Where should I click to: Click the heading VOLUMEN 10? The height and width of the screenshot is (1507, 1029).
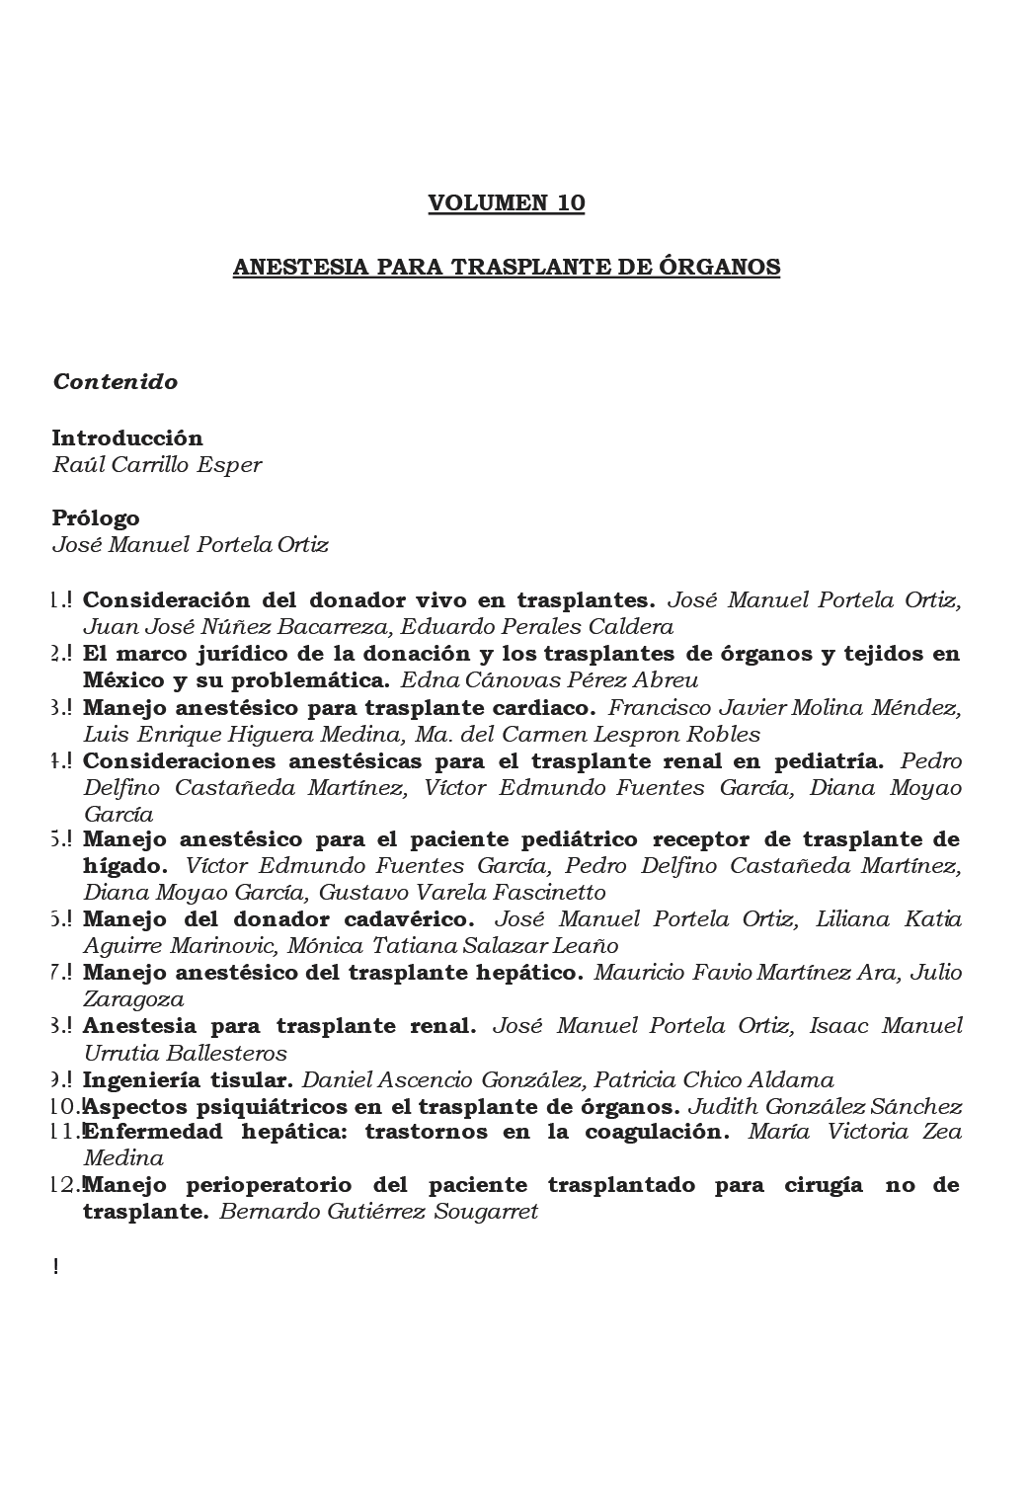pos(506,203)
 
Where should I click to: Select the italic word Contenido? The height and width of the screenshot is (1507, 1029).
pos(115,382)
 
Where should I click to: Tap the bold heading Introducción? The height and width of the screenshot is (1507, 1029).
pos(127,437)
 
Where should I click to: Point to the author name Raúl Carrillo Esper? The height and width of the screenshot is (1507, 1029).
pos(156,464)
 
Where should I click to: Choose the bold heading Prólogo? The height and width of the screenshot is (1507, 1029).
pos(96,517)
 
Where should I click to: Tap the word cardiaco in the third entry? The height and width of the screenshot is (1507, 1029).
pos(547,708)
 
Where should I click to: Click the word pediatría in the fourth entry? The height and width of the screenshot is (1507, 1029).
pos(828,761)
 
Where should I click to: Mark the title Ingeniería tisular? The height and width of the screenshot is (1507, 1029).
pos(188,1079)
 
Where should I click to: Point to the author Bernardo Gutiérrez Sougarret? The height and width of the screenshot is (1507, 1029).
pos(378,1212)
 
